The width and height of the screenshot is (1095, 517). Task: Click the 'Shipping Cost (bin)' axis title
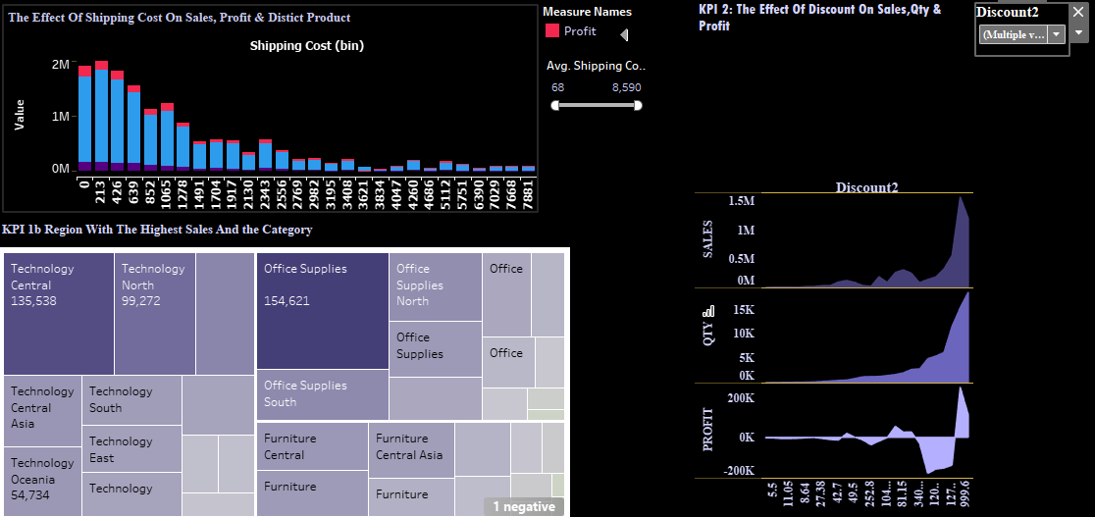coord(306,46)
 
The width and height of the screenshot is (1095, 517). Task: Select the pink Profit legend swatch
coord(552,31)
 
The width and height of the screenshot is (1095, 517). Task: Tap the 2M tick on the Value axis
coord(60,64)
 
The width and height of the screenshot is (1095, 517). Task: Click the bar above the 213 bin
coord(101,118)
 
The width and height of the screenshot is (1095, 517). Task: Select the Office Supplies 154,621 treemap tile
coord(323,310)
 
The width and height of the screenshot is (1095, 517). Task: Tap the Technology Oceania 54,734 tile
coord(42,481)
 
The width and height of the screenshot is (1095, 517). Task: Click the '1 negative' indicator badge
coord(524,506)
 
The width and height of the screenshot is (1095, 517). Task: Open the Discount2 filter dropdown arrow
coord(1056,34)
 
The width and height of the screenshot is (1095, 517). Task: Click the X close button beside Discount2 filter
coord(1079,12)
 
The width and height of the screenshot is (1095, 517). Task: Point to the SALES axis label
coord(708,239)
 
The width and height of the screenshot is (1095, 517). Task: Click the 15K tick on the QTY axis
coord(742,309)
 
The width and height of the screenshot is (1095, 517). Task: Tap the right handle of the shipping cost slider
coord(638,105)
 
